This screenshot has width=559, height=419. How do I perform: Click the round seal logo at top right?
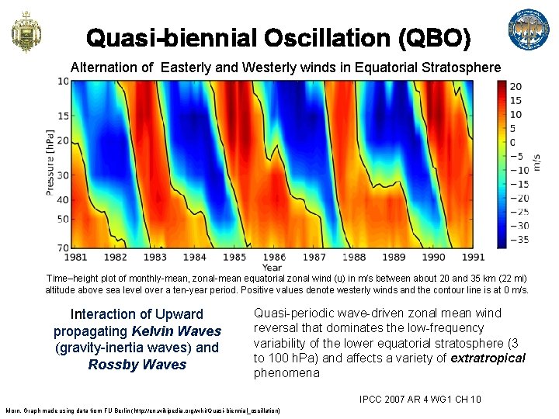(x=528, y=31)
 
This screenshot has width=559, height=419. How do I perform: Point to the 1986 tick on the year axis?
(x=273, y=257)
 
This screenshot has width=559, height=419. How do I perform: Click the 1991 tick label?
(x=472, y=257)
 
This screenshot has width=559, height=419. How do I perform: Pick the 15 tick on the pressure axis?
(x=62, y=116)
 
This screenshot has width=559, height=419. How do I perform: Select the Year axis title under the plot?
(x=273, y=267)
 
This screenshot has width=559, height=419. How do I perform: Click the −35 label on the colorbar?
(x=519, y=240)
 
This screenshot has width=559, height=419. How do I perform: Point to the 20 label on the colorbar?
(x=516, y=86)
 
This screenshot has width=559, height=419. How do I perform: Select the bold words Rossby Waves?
(x=137, y=365)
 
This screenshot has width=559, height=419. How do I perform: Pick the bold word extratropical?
(x=486, y=358)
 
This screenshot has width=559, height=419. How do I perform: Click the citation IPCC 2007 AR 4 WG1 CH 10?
(x=420, y=400)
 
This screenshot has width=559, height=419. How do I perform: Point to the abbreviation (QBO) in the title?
(x=431, y=37)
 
